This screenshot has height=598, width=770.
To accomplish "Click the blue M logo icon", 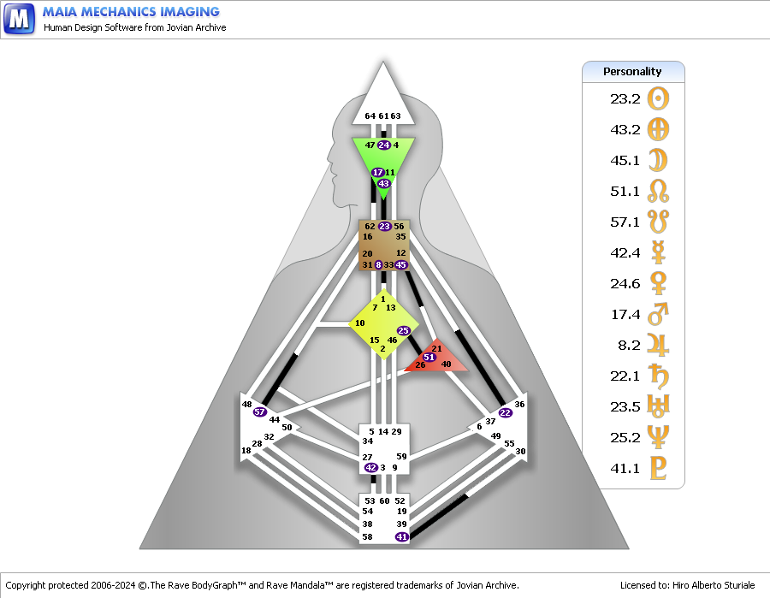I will click(19, 18).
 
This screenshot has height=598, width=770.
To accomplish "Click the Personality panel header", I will click(633, 72).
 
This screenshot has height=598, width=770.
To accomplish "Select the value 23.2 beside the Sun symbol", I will click(625, 98).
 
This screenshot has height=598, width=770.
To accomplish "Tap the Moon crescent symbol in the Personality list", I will click(658, 160).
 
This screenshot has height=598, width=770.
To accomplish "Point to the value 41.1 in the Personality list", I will click(625, 468).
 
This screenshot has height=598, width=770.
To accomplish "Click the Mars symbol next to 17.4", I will click(658, 314).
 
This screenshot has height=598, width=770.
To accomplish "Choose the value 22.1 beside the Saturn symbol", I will click(625, 376).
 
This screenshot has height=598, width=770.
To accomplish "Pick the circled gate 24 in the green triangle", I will click(383, 145).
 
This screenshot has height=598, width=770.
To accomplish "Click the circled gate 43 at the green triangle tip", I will click(384, 184).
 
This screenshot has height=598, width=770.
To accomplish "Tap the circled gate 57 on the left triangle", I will click(261, 411).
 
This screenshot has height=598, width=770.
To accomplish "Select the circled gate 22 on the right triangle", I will click(505, 412).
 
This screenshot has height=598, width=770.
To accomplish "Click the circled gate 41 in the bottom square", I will click(402, 536).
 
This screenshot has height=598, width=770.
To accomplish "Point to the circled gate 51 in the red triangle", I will click(429, 357).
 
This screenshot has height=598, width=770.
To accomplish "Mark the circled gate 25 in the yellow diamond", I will click(404, 330).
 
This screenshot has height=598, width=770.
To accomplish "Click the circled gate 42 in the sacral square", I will click(370, 468).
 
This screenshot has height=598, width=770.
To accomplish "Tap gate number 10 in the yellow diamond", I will click(359, 323).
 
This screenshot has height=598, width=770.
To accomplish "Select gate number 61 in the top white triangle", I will click(383, 116).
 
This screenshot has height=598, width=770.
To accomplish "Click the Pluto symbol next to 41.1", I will click(658, 468).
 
